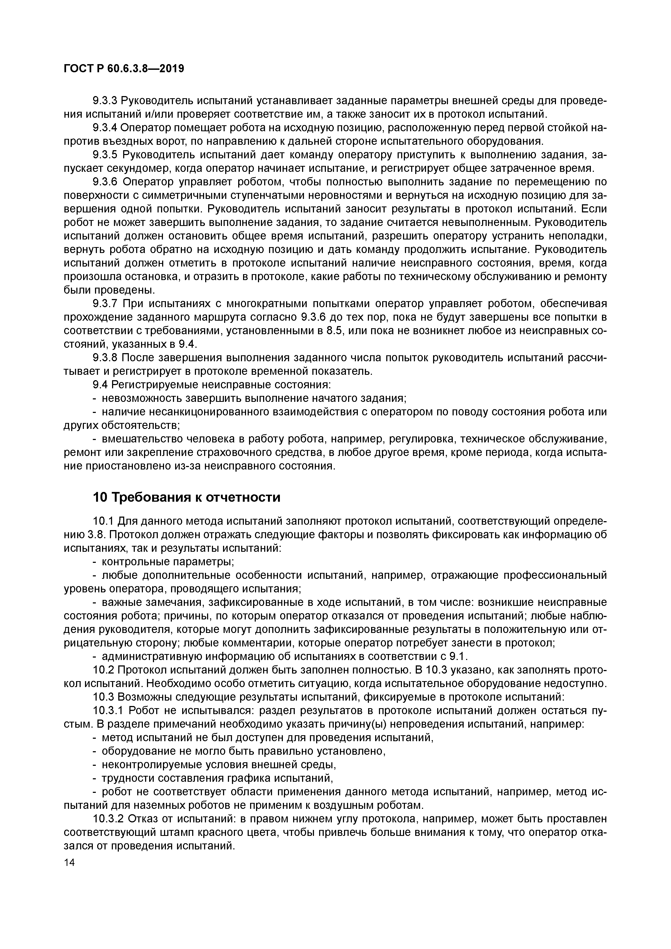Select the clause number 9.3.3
[105, 100]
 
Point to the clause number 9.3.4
[105, 128]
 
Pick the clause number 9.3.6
[105, 182]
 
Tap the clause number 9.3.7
[105, 304]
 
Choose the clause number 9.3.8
[105, 358]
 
